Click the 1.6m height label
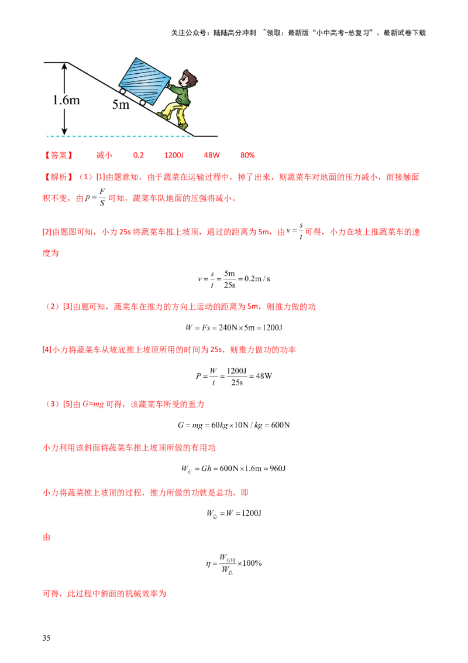[66, 100]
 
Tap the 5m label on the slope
[121, 105]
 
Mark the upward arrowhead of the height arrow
[65, 66]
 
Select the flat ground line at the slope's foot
[207, 136]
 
